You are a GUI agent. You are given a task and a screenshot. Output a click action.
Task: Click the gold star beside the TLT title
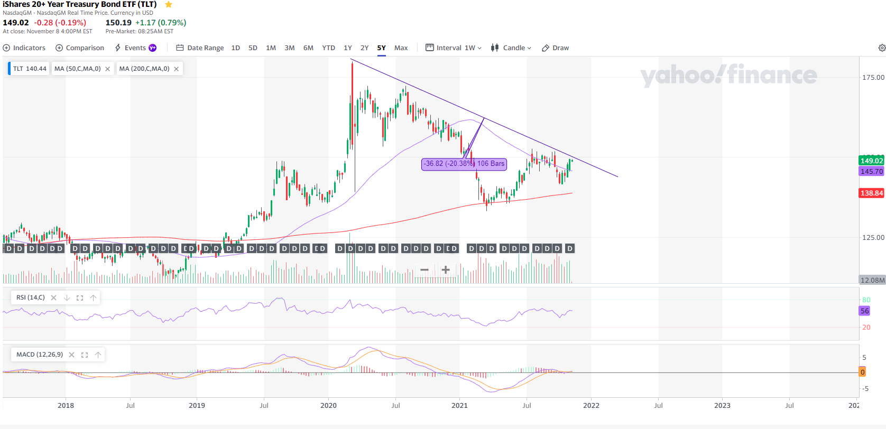tap(169, 5)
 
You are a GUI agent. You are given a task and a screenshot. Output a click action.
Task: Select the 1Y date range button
tap(348, 48)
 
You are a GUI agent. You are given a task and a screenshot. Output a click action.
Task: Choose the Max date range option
tap(401, 48)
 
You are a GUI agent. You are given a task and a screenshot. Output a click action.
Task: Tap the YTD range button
tap(329, 48)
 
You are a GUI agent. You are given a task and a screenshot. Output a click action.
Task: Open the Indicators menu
tap(24, 48)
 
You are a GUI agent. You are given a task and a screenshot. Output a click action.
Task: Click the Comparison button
tap(80, 48)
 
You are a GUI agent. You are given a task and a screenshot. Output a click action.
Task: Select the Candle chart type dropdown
tap(511, 48)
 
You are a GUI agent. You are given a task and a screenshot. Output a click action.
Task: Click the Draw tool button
tap(556, 48)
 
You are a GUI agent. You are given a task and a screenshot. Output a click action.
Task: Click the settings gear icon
tap(882, 48)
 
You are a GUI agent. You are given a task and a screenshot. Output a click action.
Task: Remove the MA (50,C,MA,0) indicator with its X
tap(108, 69)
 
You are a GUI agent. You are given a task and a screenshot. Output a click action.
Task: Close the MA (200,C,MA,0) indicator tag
tap(177, 69)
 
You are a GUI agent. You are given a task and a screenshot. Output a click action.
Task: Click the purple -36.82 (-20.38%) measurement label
tap(464, 164)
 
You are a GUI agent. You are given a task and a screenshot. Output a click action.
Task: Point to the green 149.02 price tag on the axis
tap(872, 161)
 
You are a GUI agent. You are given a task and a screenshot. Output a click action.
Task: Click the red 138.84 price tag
tap(872, 193)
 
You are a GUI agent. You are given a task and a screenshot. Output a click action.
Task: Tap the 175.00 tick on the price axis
tap(873, 77)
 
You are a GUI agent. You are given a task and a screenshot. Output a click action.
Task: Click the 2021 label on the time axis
tap(459, 405)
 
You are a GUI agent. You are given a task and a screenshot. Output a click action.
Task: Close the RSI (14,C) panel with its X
tap(53, 297)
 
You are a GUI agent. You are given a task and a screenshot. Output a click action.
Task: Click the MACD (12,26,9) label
tap(40, 355)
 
